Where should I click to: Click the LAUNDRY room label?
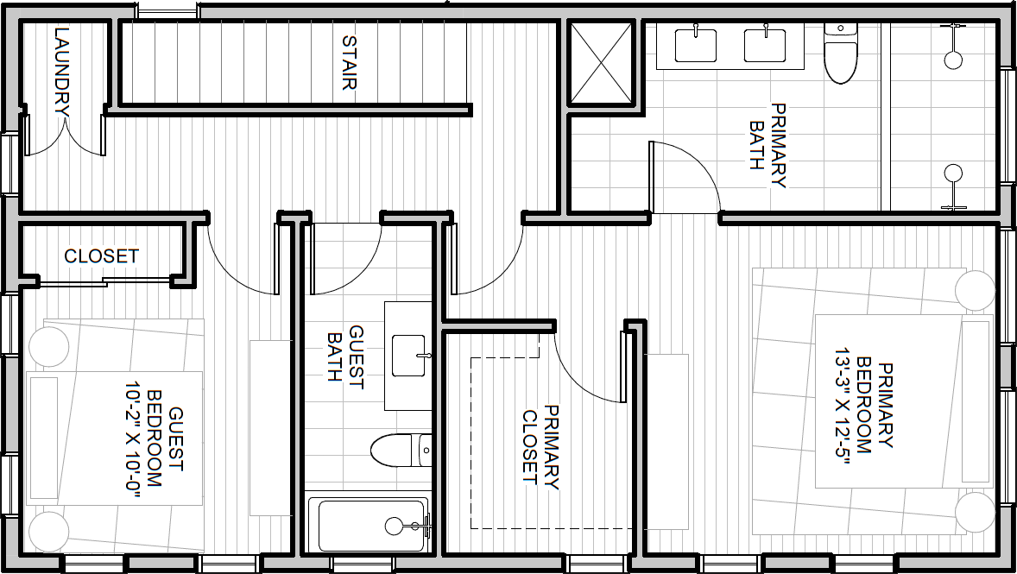click(x=62, y=72)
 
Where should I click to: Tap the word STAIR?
click(x=349, y=62)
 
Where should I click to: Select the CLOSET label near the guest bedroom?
click(x=101, y=256)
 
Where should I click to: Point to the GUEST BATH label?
click(x=345, y=354)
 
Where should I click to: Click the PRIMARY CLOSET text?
click(x=541, y=445)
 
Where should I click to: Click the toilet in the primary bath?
click(x=841, y=53)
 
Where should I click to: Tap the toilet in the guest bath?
click(x=401, y=450)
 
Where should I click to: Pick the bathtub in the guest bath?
click(x=369, y=525)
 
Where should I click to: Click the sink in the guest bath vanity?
click(x=408, y=356)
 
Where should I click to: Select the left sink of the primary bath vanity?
click(x=695, y=46)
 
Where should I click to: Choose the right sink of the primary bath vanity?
click(x=765, y=46)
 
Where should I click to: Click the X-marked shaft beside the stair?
click(x=601, y=62)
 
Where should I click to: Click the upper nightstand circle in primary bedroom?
click(x=975, y=290)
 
